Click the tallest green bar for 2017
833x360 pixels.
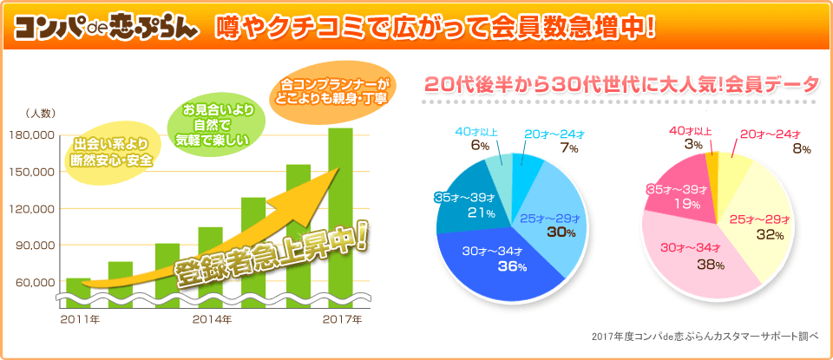[x=340, y=208]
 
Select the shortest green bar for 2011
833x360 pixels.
[x=78, y=288]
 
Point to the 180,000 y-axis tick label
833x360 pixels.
[x=31, y=135]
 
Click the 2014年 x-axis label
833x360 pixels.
[x=213, y=320]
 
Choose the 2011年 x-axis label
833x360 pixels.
[x=80, y=320]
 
